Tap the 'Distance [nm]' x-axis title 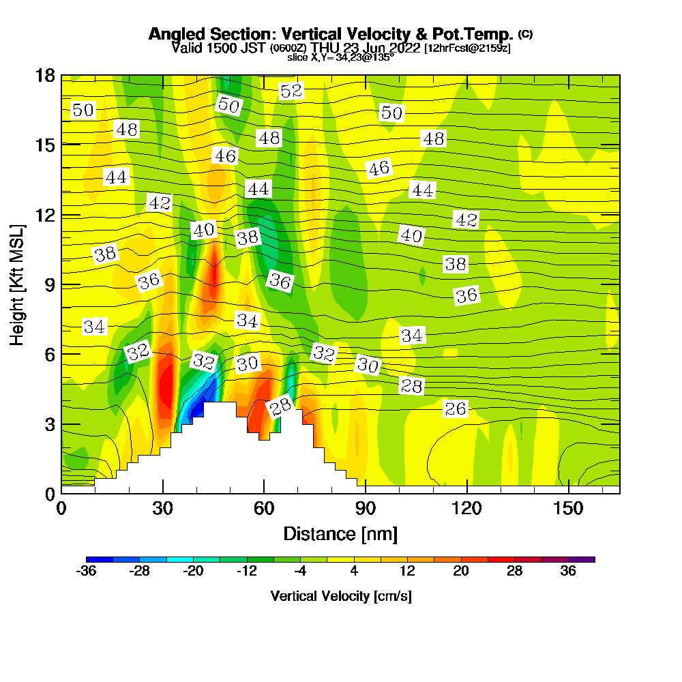pos(340,533)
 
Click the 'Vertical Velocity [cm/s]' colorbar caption pos(341,596)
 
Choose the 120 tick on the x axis pos(467,509)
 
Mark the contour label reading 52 pos(291,91)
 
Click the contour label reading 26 pos(456,409)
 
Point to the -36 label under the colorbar pos(86,572)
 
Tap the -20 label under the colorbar pos(194,572)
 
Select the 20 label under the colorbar pos(461,572)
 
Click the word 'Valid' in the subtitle pos(186,48)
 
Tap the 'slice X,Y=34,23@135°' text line pos(340,57)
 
